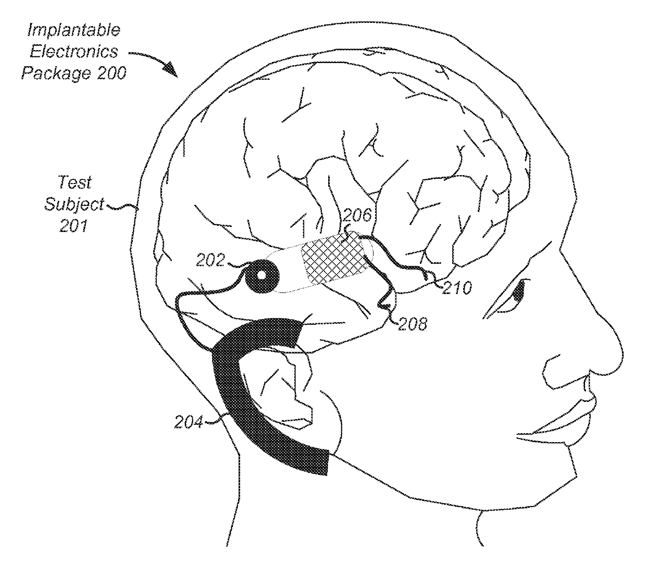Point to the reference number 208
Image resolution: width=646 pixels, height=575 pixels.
pyautogui.click(x=413, y=324)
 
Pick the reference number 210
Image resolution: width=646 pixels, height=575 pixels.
pyautogui.click(x=457, y=287)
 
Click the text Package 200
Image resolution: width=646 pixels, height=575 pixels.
pyautogui.click(x=73, y=72)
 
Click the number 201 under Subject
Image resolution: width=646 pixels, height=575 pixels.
pyautogui.click(x=73, y=226)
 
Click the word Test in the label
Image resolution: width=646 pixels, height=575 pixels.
pyautogui.click(x=74, y=182)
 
